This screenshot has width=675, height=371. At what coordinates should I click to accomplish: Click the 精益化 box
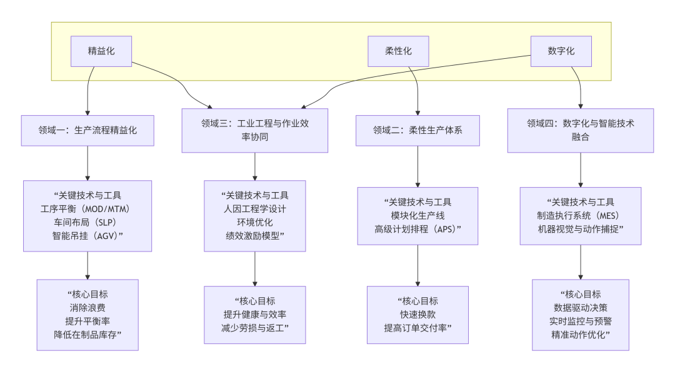coord(101,51)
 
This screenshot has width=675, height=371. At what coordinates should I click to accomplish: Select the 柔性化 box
coord(398,51)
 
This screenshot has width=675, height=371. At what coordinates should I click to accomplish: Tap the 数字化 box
coord(561,51)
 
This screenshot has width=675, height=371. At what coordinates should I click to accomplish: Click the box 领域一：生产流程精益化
coord(87,131)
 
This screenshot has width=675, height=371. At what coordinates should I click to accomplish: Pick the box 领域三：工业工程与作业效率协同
coord(255,130)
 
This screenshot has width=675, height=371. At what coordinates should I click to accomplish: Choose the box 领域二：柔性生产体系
coord(417,131)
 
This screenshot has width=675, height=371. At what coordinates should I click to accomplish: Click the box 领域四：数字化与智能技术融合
coord(581,130)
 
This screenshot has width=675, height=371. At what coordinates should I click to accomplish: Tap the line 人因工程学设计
coord(255,208)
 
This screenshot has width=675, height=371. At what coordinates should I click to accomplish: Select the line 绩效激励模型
coord(255,235)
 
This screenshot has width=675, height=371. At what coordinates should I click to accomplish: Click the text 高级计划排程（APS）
coord(417,228)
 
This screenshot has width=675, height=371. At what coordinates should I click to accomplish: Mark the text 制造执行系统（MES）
coord(581,215)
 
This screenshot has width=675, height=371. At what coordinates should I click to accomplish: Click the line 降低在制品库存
coord(87,334)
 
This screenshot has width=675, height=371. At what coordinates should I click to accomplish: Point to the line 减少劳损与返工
coord(255,327)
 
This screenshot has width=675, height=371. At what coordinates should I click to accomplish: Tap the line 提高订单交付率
coord(417,327)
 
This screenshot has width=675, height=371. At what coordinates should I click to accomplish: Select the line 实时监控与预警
coord(581,320)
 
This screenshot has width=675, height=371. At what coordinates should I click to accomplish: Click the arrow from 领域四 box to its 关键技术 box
coord(581,169)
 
